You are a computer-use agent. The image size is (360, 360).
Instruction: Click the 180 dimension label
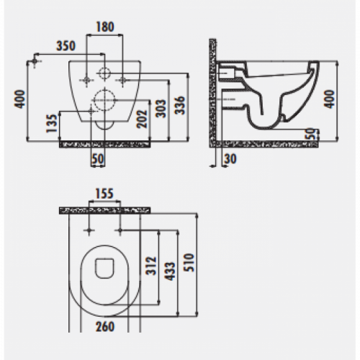click(105, 27)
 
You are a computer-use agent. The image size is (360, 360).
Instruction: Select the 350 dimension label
click(66, 46)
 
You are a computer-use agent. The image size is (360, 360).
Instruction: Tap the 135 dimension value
click(52, 123)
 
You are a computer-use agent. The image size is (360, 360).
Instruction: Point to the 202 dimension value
click(142, 119)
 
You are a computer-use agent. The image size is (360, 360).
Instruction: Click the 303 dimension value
click(161, 109)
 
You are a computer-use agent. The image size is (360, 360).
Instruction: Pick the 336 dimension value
click(180, 105)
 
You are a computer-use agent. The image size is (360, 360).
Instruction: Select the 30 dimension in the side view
click(230, 159)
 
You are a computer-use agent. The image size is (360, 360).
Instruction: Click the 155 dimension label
click(104, 194)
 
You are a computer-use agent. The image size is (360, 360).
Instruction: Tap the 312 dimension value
click(151, 266)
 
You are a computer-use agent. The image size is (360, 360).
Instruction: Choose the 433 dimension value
click(171, 271)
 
